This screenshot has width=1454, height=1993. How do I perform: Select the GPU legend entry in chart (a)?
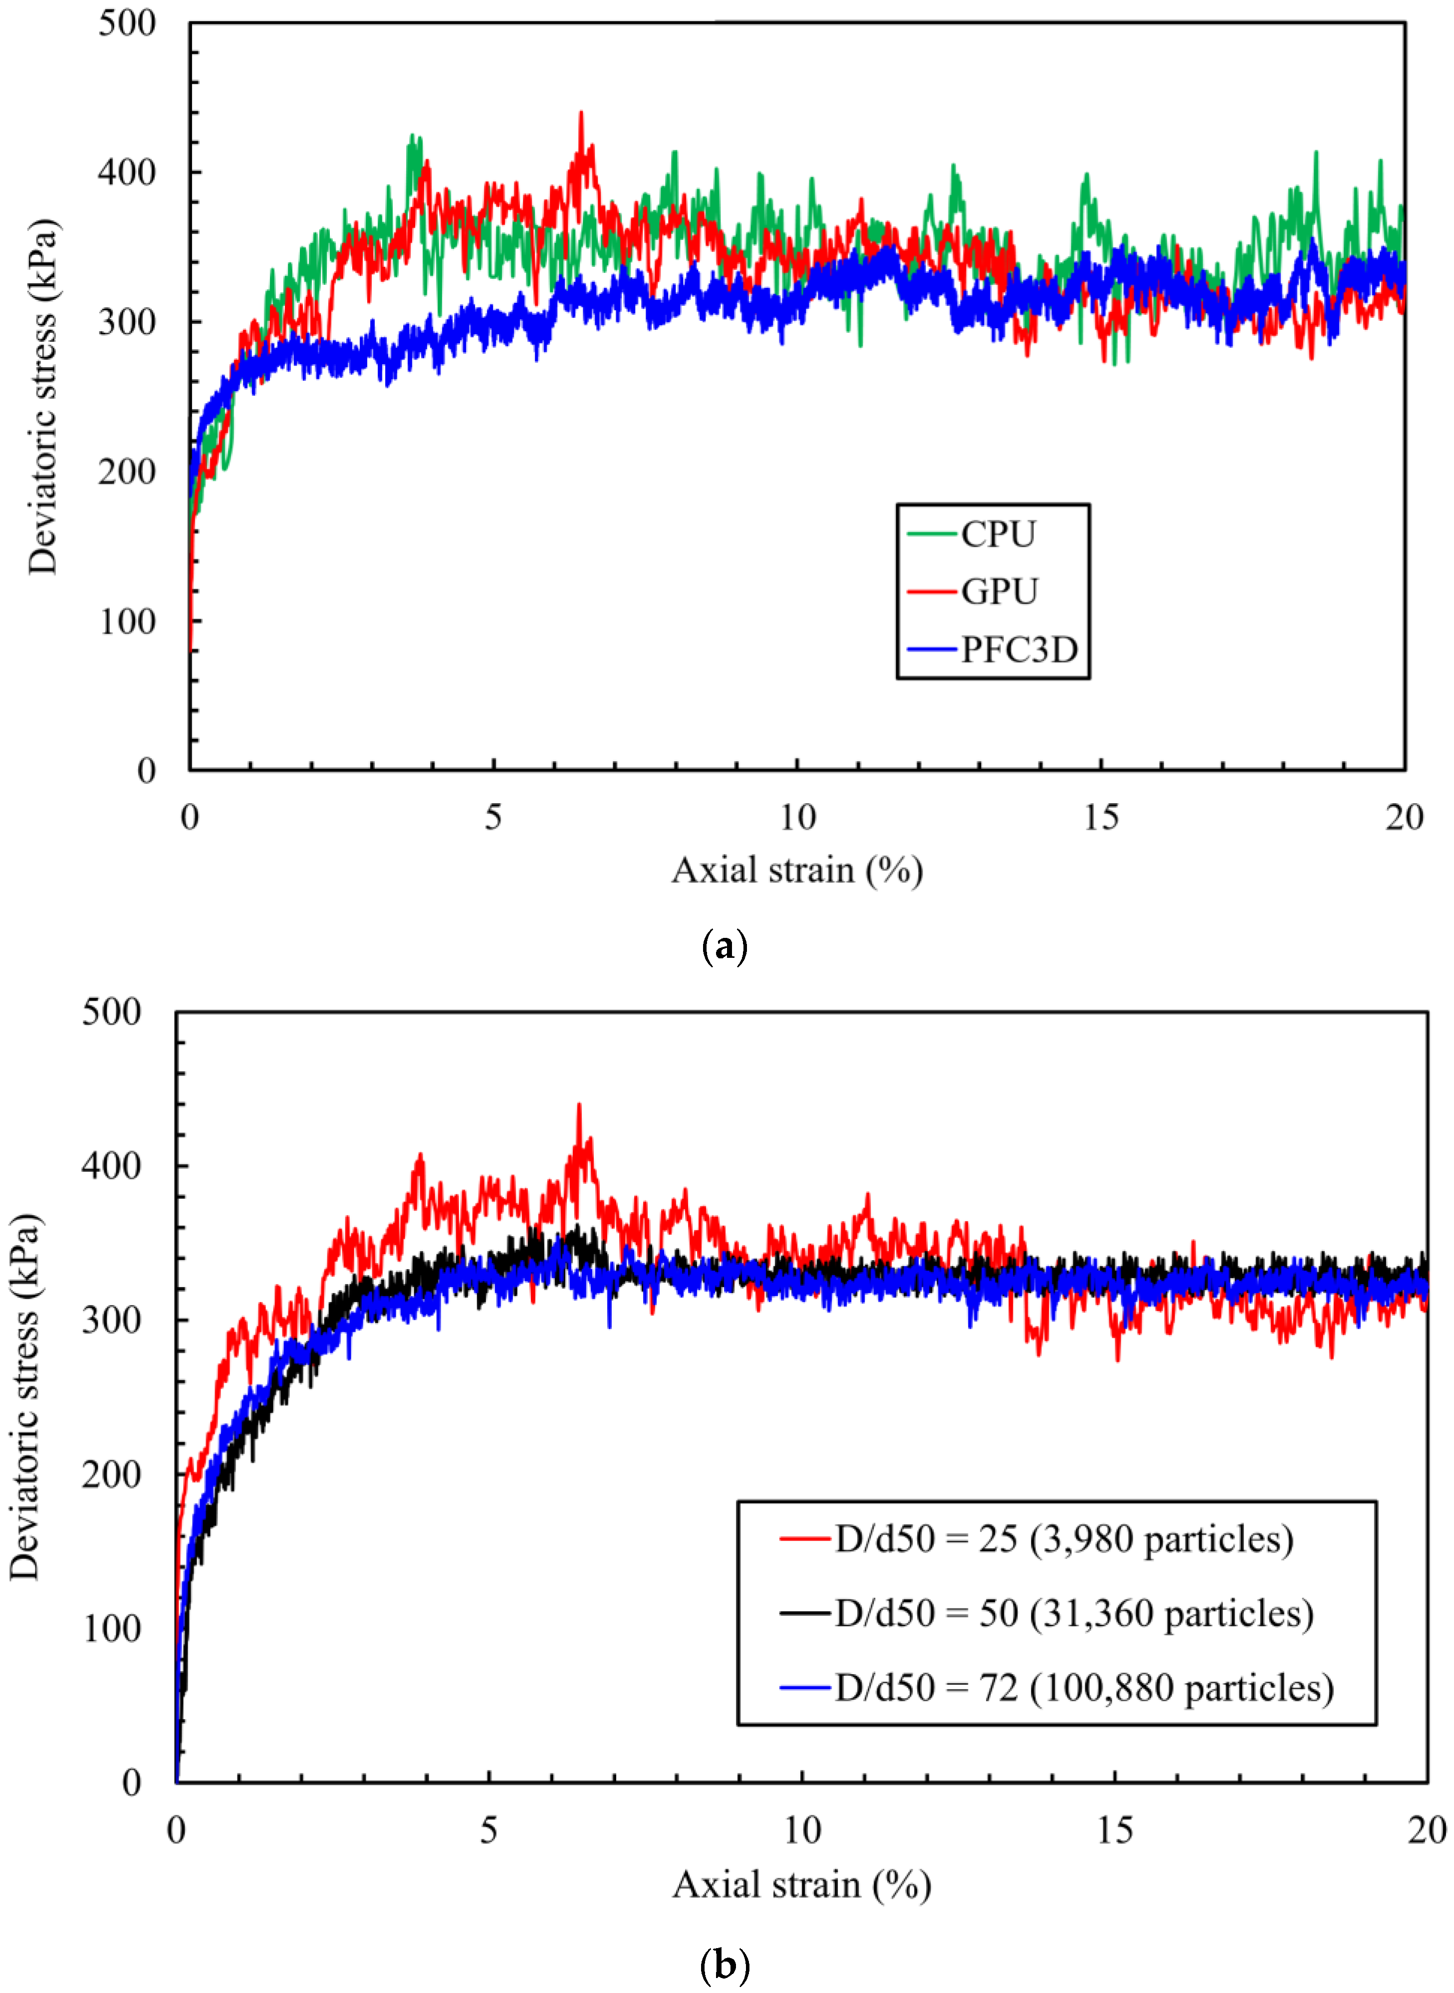pos(999,591)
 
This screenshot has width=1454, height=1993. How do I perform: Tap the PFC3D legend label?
pos(1018,650)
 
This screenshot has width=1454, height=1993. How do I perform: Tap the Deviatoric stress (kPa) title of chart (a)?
pos(42,396)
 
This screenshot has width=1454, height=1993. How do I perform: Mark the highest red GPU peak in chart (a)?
pos(580,113)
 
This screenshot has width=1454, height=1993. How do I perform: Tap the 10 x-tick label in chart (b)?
pos(802,1831)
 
